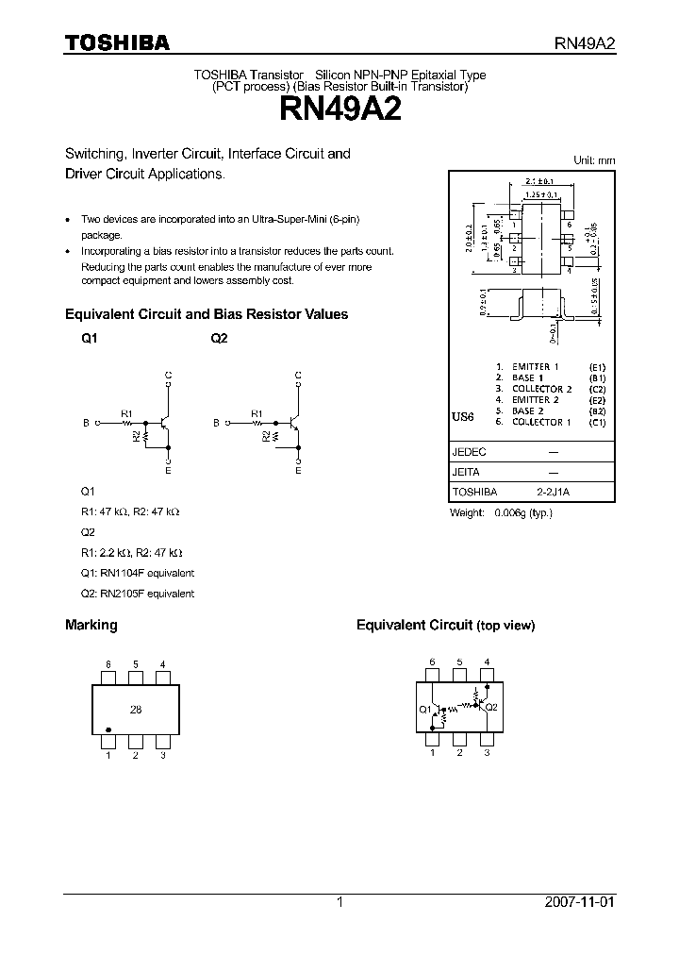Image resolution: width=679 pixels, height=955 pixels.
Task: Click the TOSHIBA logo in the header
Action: click(117, 42)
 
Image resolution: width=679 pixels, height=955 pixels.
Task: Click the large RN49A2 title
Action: click(339, 111)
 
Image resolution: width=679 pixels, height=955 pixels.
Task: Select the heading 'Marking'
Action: click(91, 625)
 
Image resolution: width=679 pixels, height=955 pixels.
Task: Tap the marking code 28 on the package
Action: click(136, 710)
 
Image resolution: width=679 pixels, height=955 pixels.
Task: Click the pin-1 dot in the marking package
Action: click(108, 729)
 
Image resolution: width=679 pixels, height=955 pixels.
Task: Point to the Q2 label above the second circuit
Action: click(219, 339)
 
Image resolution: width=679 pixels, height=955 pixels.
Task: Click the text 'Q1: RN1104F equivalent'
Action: click(137, 573)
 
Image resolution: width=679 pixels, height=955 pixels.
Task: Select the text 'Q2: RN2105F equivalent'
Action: click(137, 594)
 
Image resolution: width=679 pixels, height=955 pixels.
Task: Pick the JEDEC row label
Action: click(470, 452)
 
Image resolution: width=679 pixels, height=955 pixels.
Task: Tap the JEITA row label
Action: click(467, 472)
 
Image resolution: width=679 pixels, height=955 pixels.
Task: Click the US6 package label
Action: click(463, 416)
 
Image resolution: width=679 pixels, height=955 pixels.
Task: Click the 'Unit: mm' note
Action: click(594, 160)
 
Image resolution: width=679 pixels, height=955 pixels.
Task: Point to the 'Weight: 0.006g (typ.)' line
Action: click(501, 512)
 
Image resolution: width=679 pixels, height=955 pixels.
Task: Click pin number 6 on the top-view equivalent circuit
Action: click(432, 662)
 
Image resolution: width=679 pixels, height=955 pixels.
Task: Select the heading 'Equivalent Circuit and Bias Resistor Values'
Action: click(206, 314)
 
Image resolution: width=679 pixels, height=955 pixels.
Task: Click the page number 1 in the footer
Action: click(339, 902)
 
